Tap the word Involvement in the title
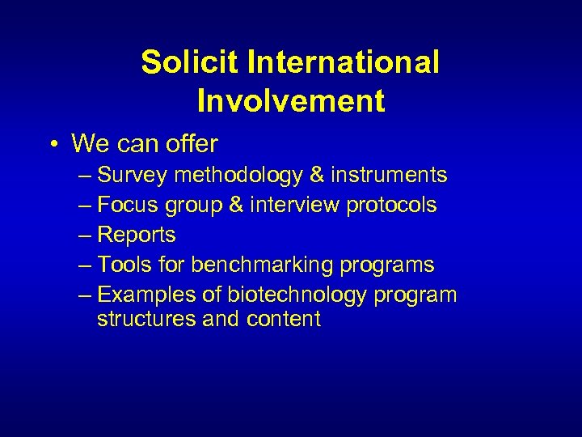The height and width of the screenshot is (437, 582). [x=290, y=101]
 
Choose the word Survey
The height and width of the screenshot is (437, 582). [x=131, y=175]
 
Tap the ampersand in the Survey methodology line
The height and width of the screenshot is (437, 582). [x=317, y=175]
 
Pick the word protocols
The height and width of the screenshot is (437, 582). [x=392, y=206]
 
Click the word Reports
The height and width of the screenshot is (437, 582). [x=136, y=235]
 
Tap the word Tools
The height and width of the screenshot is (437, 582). [x=123, y=265]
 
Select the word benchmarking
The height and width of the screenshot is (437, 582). [x=262, y=265]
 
